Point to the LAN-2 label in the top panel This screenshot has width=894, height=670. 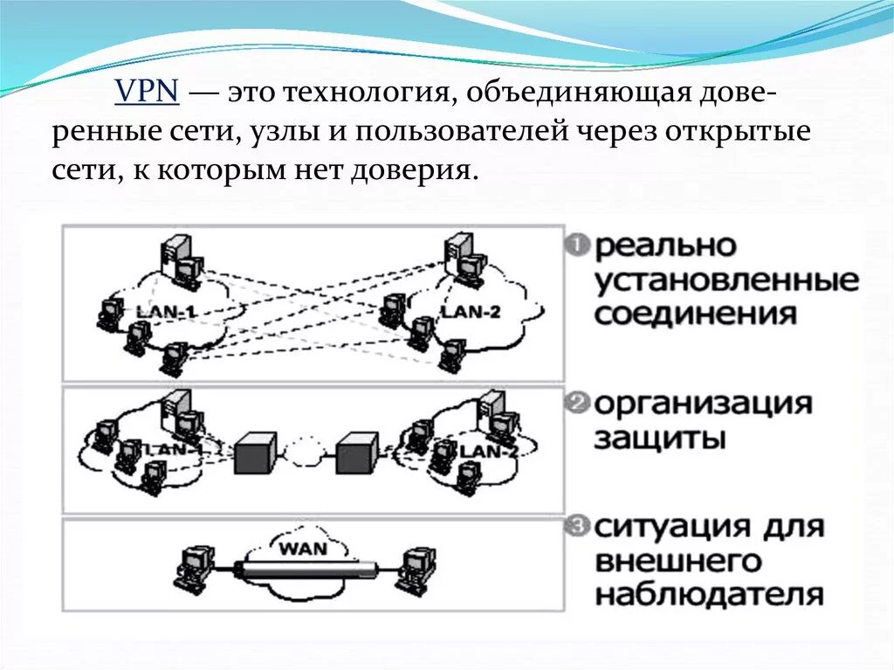pos(471,312)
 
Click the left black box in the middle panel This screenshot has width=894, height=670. pos(256,452)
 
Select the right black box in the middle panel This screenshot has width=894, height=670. pos(357,452)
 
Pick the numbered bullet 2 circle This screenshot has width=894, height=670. pos(577,404)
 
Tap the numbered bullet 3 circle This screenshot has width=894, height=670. pos(577,527)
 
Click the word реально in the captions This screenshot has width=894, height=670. pos(666,247)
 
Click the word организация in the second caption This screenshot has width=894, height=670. pos(704,404)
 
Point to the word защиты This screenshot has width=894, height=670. pos(659,438)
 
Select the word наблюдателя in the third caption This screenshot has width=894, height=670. pos(708,594)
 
